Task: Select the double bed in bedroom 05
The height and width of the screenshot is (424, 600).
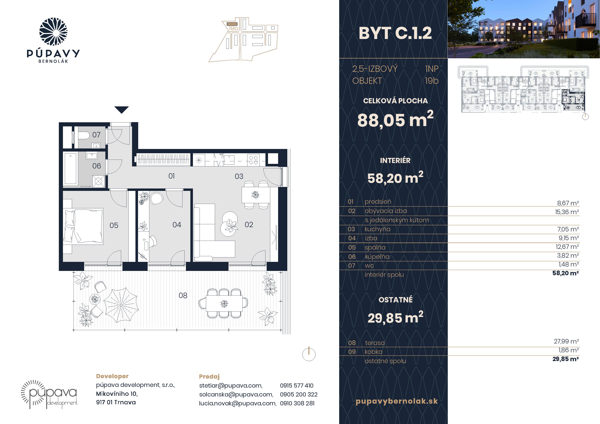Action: click(x=83, y=226)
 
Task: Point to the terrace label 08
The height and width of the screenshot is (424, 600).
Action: click(x=183, y=296)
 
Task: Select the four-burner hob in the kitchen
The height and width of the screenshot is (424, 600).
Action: click(x=253, y=160)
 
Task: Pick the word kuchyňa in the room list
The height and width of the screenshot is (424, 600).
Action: click(x=377, y=229)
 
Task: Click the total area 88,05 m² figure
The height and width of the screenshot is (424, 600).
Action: click(x=395, y=120)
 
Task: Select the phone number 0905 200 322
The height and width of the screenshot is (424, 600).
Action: click(x=299, y=394)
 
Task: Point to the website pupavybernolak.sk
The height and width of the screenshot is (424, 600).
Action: click(x=397, y=401)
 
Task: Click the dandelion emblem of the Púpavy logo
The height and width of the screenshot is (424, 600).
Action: click(x=53, y=32)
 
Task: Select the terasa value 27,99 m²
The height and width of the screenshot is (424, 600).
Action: click(x=566, y=341)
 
